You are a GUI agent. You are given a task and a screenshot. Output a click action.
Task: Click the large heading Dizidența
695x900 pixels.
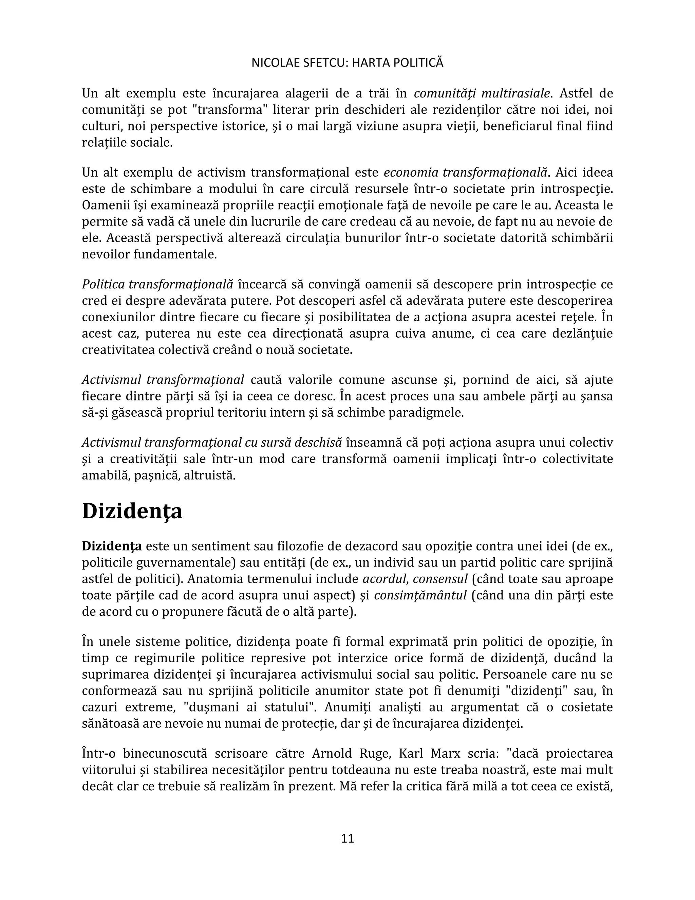[132, 511]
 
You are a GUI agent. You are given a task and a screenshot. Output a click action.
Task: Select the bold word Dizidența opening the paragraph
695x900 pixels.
[112, 546]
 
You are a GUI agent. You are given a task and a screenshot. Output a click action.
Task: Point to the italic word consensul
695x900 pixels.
[440, 579]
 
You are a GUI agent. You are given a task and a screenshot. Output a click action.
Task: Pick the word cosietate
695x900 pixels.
[584, 707]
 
